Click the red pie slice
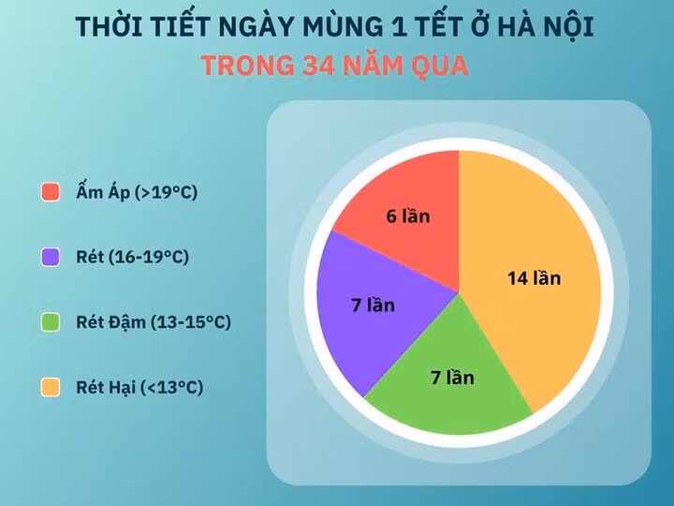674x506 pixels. pyautogui.click(x=413, y=216)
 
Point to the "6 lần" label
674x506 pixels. pyautogui.click(x=408, y=216)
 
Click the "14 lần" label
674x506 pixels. pyautogui.click(x=535, y=278)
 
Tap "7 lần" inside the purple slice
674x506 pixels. pyautogui.click(x=374, y=305)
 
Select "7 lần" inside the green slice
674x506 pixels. pyautogui.click(x=453, y=378)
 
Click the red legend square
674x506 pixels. pyautogui.click(x=51, y=192)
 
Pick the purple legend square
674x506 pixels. pyautogui.click(x=51, y=257)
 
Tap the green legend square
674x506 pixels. pyautogui.click(x=51, y=321)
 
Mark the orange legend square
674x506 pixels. pyautogui.click(x=51, y=387)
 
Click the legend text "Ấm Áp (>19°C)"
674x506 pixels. pyautogui.click(x=137, y=191)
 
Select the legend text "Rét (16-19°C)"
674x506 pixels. pyautogui.click(x=132, y=257)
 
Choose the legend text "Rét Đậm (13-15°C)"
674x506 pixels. pyautogui.click(x=154, y=321)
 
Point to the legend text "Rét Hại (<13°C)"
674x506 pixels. pyautogui.click(x=139, y=387)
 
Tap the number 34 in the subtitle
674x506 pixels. pyautogui.click(x=318, y=66)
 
